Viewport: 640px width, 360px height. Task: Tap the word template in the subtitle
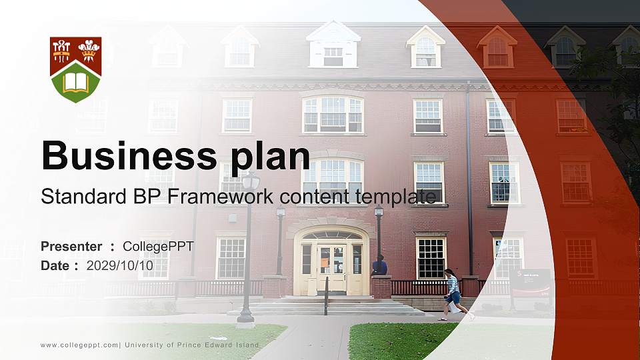pos(399,196)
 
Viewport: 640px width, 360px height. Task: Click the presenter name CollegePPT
pos(158,247)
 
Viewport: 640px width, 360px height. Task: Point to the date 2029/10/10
pos(120,265)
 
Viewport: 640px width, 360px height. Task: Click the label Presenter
pos(71,247)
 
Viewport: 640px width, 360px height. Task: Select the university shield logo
pos(76,69)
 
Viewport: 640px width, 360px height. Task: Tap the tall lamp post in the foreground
pos(247,253)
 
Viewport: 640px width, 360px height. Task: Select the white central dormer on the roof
pos(333,45)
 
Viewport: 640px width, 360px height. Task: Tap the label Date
pos(55,265)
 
